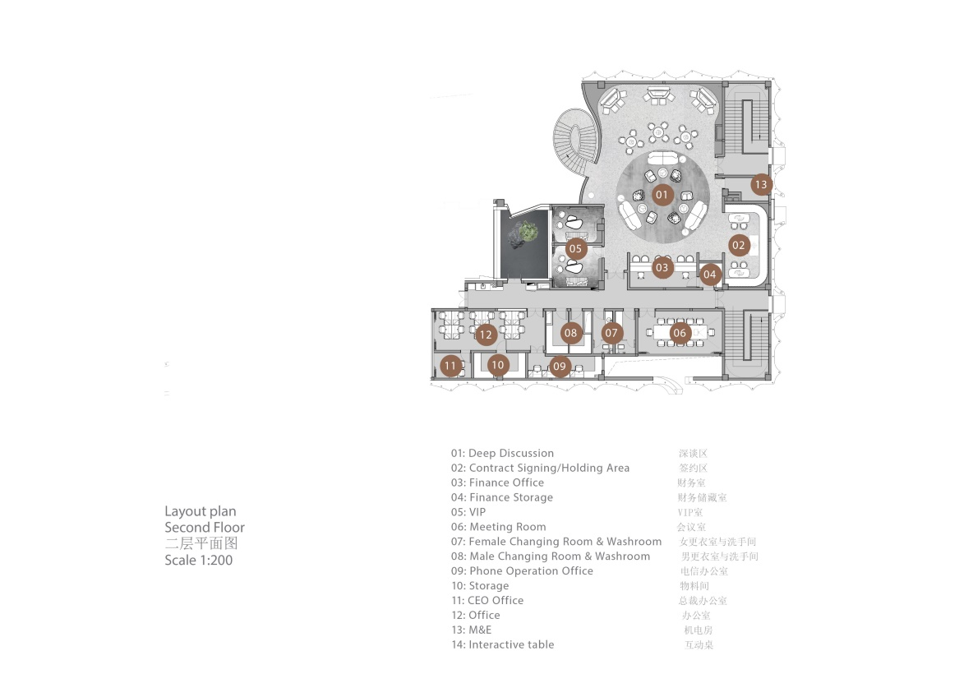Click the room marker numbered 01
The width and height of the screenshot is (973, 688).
click(662, 195)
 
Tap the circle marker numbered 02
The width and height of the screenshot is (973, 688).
click(739, 245)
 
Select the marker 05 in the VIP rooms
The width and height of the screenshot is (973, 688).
click(576, 249)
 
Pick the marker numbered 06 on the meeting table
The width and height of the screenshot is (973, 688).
click(680, 334)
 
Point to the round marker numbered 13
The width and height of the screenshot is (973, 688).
click(761, 184)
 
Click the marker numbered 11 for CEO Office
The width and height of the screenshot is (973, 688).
click(450, 366)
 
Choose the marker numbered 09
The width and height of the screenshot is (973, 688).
click(560, 367)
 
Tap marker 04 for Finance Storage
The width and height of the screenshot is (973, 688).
click(710, 275)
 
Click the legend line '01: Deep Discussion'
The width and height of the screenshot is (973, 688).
click(503, 453)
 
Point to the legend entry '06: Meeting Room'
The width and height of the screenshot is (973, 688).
click(498, 527)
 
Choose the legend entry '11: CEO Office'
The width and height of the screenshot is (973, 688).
click(488, 600)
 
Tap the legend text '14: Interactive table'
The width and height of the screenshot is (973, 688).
click(503, 644)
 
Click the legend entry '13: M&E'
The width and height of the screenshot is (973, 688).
click(472, 630)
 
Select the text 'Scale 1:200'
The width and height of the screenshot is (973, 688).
click(199, 560)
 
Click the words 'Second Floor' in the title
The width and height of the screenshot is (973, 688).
click(205, 527)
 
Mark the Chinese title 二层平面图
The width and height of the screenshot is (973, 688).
click(201, 543)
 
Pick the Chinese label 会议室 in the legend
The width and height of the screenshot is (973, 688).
click(691, 527)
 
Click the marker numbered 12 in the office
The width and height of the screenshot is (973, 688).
click(485, 335)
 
